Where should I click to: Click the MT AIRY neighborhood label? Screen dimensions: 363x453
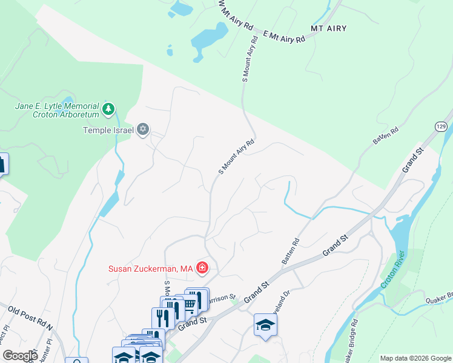point(326,28)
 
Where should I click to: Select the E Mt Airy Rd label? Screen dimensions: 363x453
point(283,38)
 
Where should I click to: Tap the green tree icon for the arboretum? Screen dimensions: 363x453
point(108,109)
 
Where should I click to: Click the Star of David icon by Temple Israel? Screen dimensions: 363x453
point(143,129)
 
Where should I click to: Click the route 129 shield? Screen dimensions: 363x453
point(440,126)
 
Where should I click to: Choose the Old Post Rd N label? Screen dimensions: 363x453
point(30,318)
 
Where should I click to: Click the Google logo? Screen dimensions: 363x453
point(20,355)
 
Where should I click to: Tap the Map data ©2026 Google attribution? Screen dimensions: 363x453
point(415,358)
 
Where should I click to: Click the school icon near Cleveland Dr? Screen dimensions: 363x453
point(265,325)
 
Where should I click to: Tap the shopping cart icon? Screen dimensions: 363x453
point(190,304)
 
